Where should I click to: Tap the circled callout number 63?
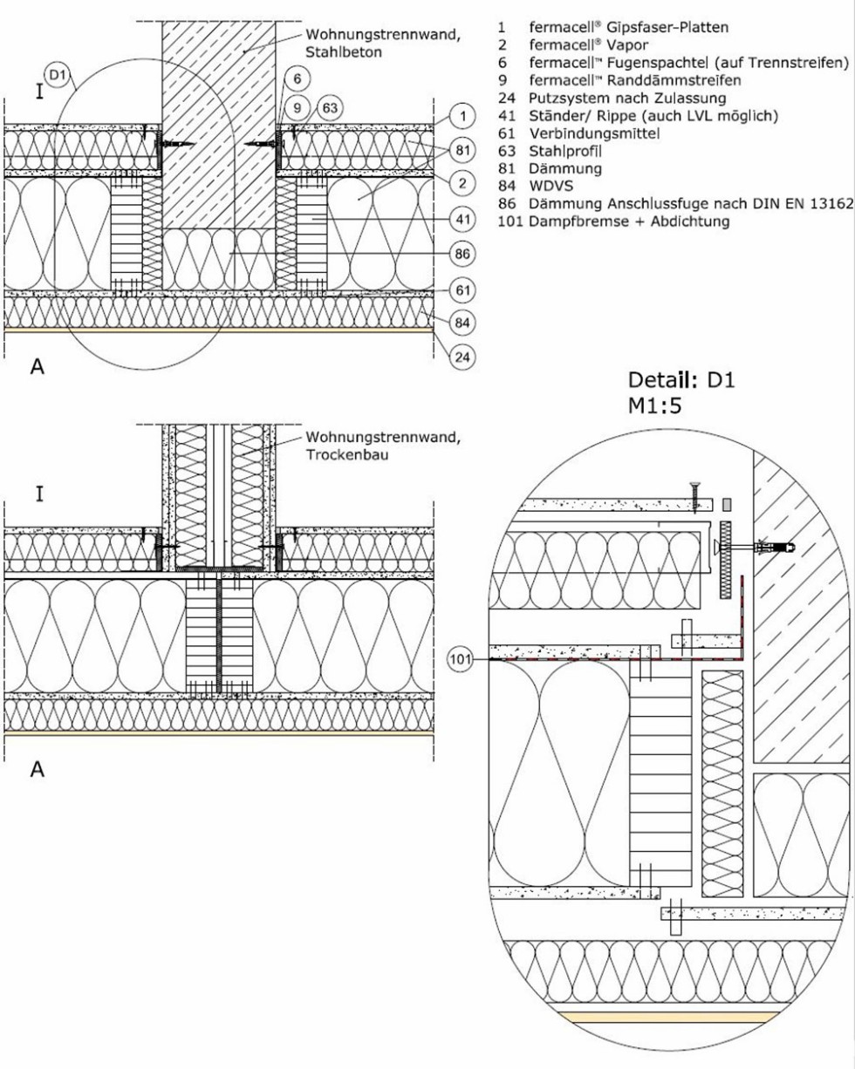[329, 107]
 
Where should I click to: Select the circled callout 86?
[462, 254]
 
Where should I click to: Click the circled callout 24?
[462, 357]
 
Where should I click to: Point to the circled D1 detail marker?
[58, 77]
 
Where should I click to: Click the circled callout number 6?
[298, 78]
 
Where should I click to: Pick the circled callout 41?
[462, 218]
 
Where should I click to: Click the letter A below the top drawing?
[38, 368]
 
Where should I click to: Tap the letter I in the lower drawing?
[39, 494]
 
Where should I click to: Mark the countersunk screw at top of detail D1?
[695, 494]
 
